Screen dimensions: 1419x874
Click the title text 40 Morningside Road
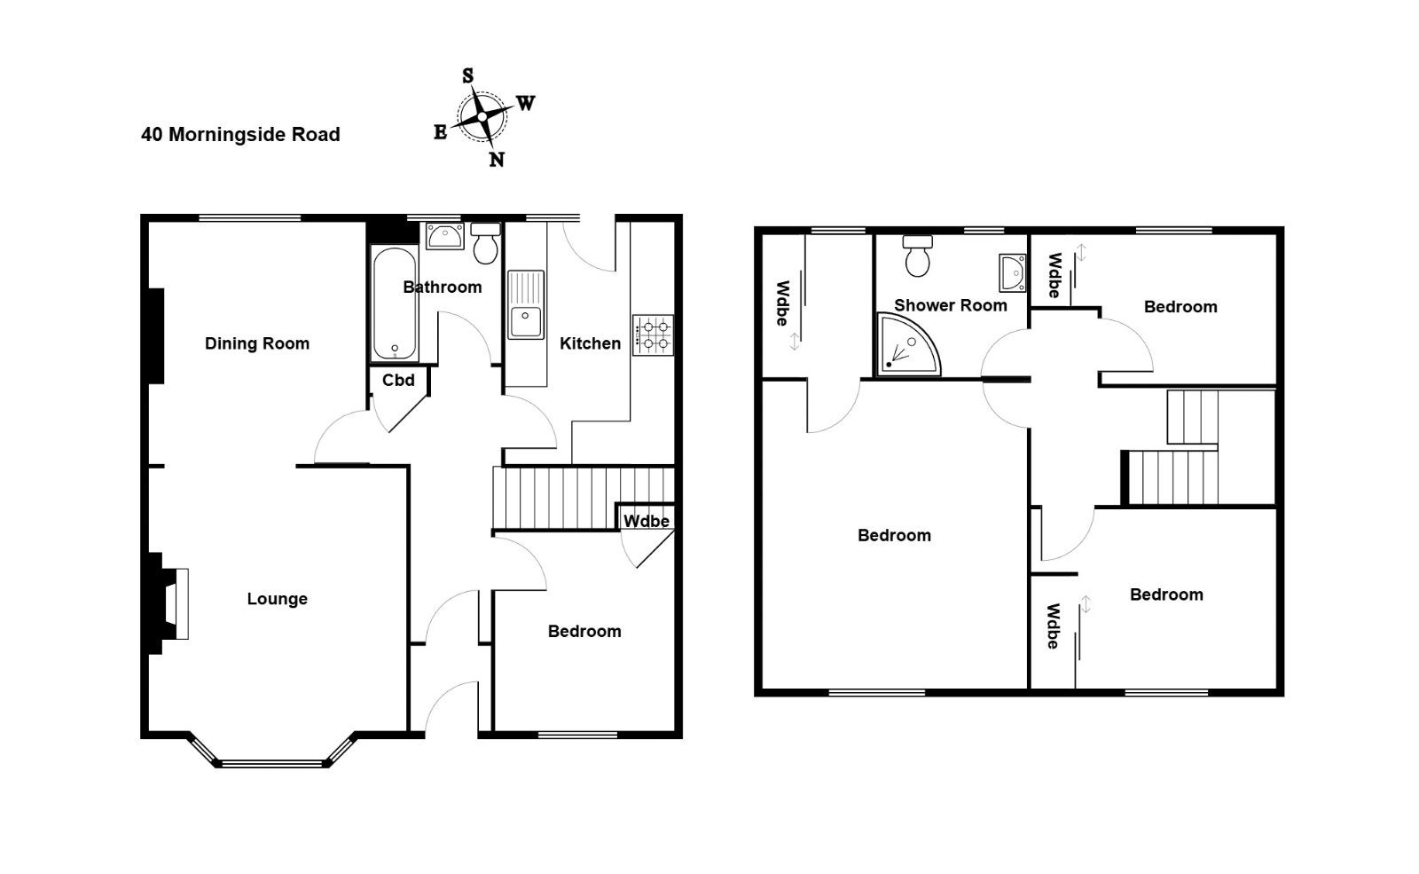[x=240, y=134]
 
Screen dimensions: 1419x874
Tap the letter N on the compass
[x=497, y=160]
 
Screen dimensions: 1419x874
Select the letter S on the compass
[x=467, y=76]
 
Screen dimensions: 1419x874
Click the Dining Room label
[x=256, y=343]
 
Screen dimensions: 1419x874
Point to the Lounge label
[x=277, y=599]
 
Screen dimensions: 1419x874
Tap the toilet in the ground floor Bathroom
[x=486, y=243]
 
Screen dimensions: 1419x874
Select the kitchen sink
[x=526, y=305]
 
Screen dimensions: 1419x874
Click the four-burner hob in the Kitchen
[x=653, y=335]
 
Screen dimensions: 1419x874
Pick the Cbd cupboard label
[x=398, y=381]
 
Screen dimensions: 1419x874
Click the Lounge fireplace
[x=168, y=603]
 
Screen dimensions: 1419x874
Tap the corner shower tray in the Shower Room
[x=908, y=345]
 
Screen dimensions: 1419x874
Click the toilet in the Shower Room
[x=917, y=256]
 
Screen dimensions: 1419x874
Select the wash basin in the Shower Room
[x=1012, y=273]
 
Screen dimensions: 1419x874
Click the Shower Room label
[x=950, y=305]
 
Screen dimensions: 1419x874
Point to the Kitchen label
[x=590, y=343]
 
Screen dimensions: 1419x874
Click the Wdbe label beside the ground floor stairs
[x=647, y=521]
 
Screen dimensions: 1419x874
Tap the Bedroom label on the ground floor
[x=584, y=631]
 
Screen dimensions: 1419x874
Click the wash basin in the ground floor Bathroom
[x=444, y=236]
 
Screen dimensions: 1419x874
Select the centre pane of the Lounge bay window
[x=272, y=764]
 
